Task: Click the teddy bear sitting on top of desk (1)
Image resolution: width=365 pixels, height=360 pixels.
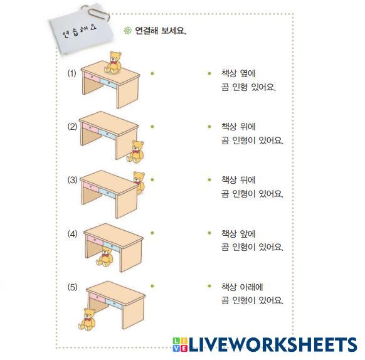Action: (113, 63)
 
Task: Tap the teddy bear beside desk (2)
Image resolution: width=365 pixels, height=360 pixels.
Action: (135, 152)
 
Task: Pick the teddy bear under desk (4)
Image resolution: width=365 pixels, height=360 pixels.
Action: (105, 257)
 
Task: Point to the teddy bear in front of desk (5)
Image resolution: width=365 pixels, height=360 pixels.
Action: (87, 319)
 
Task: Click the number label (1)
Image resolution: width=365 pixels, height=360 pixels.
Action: (71, 73)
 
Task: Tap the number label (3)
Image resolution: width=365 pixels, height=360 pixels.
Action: (72, 180)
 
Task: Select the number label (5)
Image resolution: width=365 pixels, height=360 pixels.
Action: (72, 287)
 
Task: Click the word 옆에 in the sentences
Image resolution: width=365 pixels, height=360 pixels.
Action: (248, 73)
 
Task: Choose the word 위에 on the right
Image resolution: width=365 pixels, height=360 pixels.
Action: (248, 127)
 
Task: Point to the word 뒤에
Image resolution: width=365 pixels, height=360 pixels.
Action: (248, 180)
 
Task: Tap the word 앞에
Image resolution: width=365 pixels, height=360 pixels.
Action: (248, 233)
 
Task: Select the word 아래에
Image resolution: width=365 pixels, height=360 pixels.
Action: (251, 287)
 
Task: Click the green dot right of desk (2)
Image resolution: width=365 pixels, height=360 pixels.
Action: (152, 127)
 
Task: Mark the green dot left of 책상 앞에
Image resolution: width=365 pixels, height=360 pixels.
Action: (209, 233)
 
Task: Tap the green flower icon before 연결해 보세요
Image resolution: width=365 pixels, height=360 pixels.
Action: (127, 30)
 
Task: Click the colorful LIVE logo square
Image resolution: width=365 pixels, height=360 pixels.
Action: (180, 344)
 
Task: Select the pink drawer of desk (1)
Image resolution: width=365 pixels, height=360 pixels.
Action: (92, 77)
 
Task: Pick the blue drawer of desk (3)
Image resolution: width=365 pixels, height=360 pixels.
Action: (107, 193)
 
